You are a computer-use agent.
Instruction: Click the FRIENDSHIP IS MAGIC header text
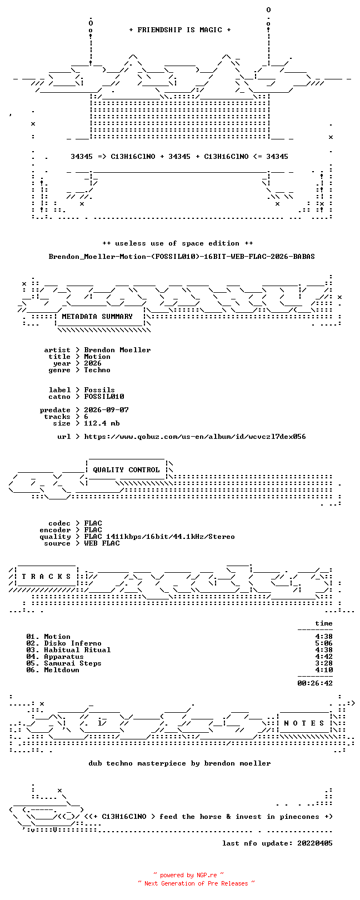click(x=179, y=30)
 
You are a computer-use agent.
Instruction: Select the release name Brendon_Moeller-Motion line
click(x=182, y=256)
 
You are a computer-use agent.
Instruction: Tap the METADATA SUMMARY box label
click(x=97, y=316)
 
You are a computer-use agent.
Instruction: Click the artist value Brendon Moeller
click(x=117, y=350)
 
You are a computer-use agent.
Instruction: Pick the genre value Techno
click(x=97, y=370)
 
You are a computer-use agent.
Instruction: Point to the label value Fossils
click(x=99, y=390)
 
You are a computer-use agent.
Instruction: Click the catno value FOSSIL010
click(x=104, y=397)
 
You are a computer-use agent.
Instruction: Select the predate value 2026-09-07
click(x=106, y=410)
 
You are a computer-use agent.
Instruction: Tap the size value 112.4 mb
click(x=102, y=423)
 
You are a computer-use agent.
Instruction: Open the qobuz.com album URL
click(x=195, y=436)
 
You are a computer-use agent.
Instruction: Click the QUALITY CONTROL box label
click(x=126, y=469)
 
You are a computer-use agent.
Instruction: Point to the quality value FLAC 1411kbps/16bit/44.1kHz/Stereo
click(x=159, y=536)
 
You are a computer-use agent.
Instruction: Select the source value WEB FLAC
click(x=102, y=543)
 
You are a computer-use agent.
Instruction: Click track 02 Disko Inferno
click(x=64, y=643)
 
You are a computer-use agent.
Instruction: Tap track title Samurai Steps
click(x=73, y=663)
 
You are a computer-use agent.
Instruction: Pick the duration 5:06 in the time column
click(x=324, y=643)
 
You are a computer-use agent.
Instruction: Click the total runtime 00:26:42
click(x=315, y=683)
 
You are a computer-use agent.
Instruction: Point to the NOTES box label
click(x=304, y=723)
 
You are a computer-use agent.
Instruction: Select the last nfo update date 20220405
click(x=315, y=843)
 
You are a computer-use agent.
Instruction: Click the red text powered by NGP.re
click(x=188, y=875)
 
